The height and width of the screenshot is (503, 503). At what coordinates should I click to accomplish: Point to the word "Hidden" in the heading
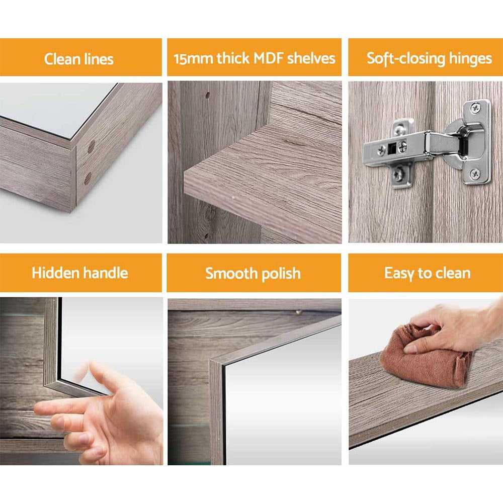[54, 273]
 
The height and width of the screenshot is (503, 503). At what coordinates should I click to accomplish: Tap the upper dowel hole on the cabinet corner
[91, 147]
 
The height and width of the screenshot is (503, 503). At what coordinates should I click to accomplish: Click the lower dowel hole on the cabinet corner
[88, 178]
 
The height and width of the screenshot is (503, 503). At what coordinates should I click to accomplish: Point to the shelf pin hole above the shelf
[207, 94]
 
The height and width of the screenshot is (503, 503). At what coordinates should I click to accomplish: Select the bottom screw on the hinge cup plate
[474, 174]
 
